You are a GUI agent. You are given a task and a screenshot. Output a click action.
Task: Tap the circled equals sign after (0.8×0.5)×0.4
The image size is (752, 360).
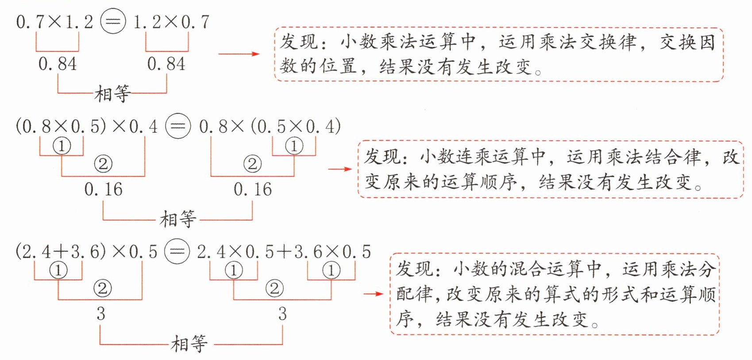tap(178, 126)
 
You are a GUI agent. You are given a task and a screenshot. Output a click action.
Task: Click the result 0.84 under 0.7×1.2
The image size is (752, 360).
tap(58, 64)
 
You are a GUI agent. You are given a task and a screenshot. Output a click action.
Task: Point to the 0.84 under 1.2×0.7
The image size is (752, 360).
tap(166, 64)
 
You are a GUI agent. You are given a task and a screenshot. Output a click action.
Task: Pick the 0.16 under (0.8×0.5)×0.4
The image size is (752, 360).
tap(104, 189)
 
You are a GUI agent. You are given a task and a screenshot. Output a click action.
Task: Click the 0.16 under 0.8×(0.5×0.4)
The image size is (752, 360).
tap(253, 189)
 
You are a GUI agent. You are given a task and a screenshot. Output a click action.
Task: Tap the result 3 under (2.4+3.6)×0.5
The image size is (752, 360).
tap(101, 314)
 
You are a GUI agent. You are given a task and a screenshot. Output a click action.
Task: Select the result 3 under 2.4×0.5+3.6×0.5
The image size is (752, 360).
tap(282, 314)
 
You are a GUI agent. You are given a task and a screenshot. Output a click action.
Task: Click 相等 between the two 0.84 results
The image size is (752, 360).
tap(112, 93)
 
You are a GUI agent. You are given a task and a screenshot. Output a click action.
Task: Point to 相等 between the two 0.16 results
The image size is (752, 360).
tap(177, 219)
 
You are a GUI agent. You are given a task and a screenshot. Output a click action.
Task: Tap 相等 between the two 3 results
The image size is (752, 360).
tap(189, 344)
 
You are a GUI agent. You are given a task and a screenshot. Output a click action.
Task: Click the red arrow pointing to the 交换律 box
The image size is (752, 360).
tap(239, 54)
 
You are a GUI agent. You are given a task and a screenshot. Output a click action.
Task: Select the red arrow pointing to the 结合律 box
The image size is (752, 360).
tap(340, 169)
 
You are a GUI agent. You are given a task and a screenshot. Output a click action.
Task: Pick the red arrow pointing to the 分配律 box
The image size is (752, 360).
tap(373, 294)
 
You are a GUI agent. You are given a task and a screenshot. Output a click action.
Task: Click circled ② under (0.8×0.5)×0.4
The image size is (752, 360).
tap(103, 164)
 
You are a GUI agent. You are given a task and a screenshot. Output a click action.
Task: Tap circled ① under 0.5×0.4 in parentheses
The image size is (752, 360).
tap(294, 146)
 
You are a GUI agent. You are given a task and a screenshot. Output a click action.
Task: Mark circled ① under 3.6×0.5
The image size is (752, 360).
tap(331, 271)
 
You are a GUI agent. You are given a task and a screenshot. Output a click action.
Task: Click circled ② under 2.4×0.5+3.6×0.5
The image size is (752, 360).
tap(274, 288)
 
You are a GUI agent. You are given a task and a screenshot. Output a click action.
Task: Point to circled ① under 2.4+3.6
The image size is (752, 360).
tap(58, 271)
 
